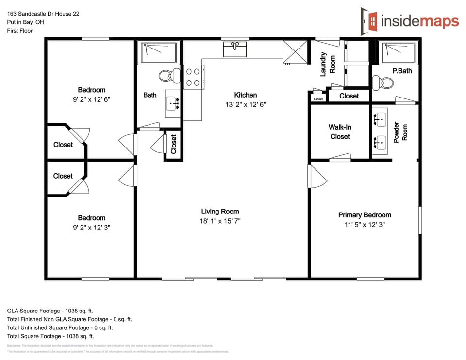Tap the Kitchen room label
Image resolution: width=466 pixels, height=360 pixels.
(x=245, y=95)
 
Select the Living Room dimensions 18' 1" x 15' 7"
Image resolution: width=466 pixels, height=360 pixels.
(x=220, y=221)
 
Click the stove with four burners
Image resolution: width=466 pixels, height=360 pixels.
(x=193, y=77)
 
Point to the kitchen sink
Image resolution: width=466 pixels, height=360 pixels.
(x=235, y=49)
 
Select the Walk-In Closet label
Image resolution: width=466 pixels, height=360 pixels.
(x=340, y=132)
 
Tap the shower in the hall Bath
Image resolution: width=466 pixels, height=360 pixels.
(x=159, y=53)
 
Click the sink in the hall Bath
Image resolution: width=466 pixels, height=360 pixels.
(x=172, y=103)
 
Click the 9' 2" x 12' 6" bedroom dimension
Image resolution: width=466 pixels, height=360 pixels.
(x=92, y=99)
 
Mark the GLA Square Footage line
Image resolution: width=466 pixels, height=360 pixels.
(x=50, y=311)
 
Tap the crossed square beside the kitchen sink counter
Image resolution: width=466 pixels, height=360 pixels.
(x=295, y=52)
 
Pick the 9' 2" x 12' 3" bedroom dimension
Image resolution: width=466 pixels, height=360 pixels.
(x=92, y=227)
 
